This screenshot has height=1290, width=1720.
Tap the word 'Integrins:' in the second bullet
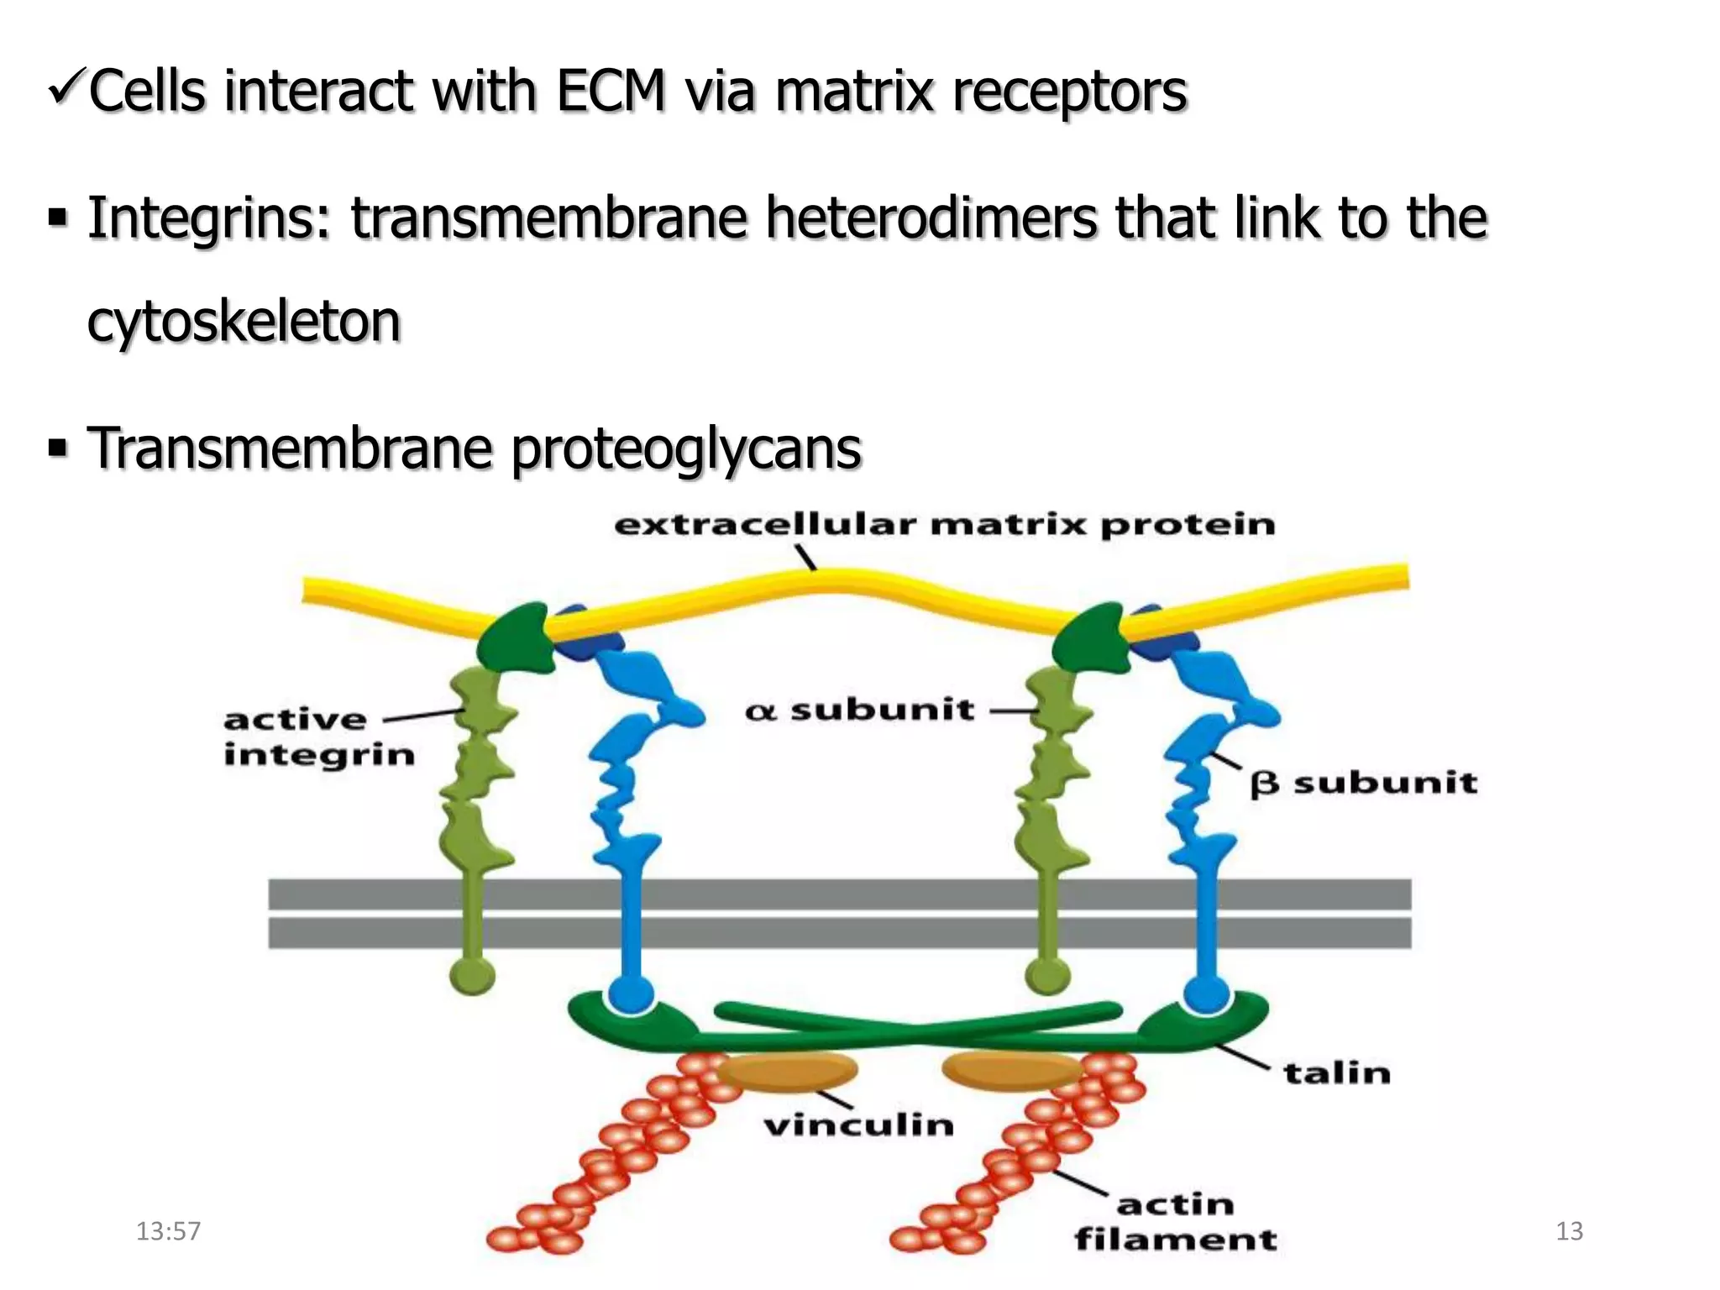[x=210, y=218]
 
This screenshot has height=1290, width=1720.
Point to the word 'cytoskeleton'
[x=244, y=322]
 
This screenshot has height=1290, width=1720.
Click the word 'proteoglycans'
[x=685, y=448]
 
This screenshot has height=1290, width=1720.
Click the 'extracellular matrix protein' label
[x=944, y=526]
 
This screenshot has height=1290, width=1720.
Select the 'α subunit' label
[x=859, y=711]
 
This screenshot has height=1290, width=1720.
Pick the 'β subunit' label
[x=1363, y=784]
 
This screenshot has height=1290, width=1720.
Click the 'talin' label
[x=1336, y=1073]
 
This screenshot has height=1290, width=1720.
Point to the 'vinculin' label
[x=858, y=1125]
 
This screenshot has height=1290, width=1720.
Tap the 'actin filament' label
[x=1175, y=1222]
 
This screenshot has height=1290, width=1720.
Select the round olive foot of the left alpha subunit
[x=472, y=976]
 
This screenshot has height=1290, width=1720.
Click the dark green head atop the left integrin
[x=515, y=638]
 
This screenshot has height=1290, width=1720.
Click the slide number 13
[x=1569, y=1231]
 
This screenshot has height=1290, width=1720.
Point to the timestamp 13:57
[x=168, y=1231]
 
